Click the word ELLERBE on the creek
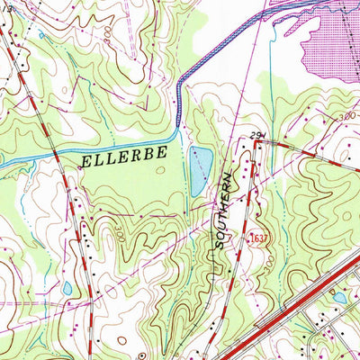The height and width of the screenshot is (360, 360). (124, 156)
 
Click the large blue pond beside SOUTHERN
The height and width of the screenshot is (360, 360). (200, 171)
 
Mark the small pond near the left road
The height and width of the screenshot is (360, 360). (67, 289)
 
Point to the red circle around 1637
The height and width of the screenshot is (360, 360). (254, 237)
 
